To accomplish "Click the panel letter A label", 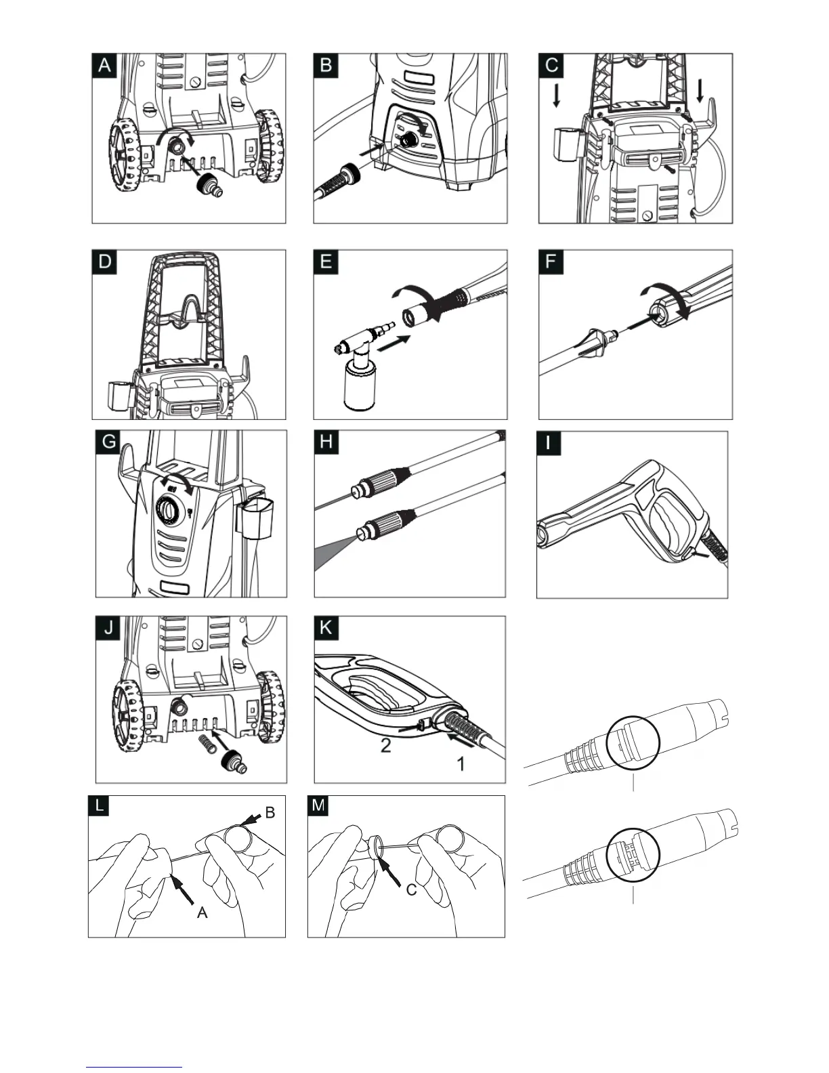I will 105,65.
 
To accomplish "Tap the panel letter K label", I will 326,627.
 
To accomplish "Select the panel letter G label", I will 108,442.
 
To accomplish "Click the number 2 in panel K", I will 385,746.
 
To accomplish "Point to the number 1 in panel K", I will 461,764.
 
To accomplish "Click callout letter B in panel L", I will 270,813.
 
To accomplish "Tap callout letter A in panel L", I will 202,912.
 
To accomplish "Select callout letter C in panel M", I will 411,890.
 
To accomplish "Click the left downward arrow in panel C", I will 556,96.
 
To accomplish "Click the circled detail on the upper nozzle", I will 633,743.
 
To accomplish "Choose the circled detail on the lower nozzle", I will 633,855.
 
